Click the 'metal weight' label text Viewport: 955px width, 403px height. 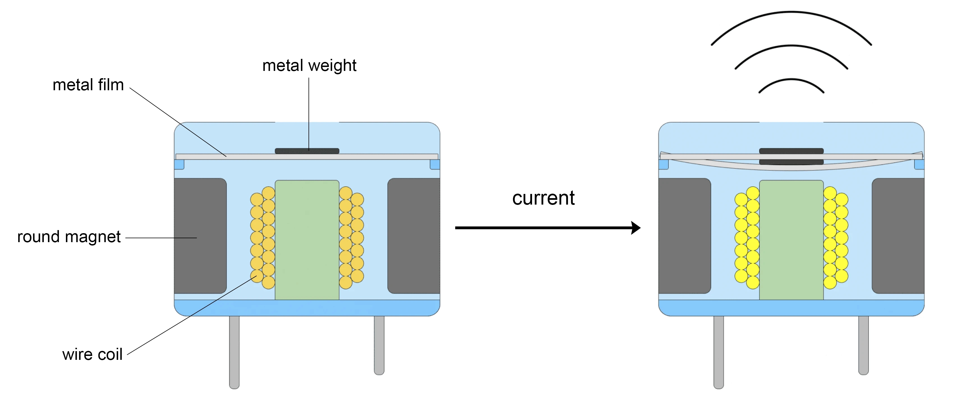click(309, 66)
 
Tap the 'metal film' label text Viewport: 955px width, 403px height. click(88, 85)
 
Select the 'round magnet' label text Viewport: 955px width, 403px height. click(69, 237)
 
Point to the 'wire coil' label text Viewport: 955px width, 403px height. click(92, 355)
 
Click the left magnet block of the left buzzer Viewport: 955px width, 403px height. click(200, 236)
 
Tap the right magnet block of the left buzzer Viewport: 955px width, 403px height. click(414, 236)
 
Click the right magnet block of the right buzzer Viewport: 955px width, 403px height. click(898, 236)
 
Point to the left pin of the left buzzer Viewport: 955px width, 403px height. click(234, 352)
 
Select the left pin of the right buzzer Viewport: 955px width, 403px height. click(719, 352)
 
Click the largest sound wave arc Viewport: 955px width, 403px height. click(791, 12)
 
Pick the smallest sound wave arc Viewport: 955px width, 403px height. click(791, 80)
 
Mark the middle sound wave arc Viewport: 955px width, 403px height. click(791, 46)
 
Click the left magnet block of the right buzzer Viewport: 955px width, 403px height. click(684, 236)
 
